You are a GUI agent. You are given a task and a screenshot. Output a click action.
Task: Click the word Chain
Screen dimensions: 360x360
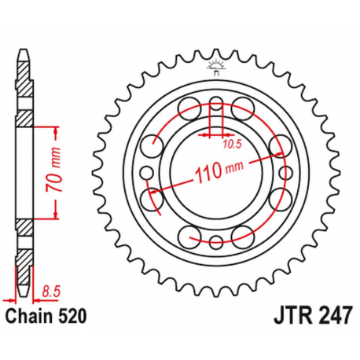(31, 317)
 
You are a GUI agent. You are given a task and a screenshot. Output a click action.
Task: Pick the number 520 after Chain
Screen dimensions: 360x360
(69, 317)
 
